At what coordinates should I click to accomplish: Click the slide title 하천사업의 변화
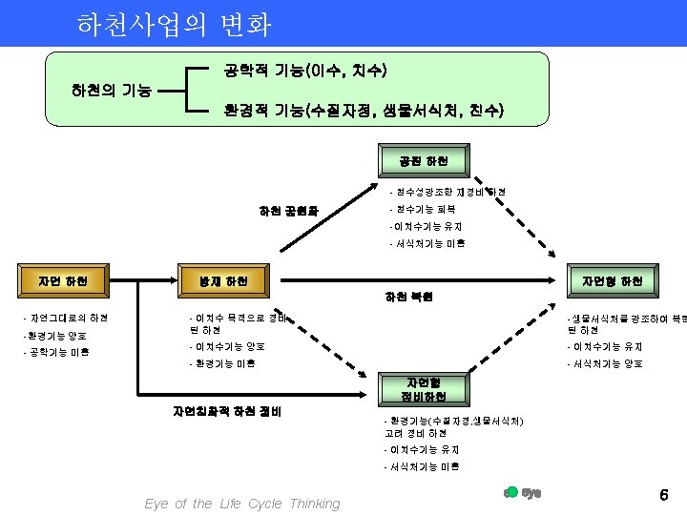point(174,24)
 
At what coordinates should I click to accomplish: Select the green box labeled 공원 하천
point(416,161)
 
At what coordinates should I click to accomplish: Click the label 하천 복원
point(409,298)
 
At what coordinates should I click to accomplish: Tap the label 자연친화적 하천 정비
point(227,412)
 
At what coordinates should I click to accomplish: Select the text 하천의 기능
point(111,92)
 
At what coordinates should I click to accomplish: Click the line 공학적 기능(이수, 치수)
point(303,71)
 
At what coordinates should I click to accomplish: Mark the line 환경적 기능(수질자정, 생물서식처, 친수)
point(363,111)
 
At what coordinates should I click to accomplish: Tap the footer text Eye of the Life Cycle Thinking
point(241,504)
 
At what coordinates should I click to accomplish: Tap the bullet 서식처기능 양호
point(607,363)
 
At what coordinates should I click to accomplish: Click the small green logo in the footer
point(522,493)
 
